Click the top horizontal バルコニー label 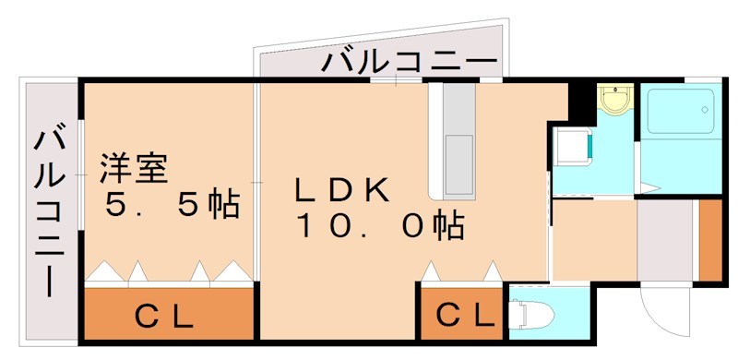pyautogui.click(x=410, y=65)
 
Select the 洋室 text pyautogui.click(x=133, y=171)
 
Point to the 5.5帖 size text pyautogui.click(x=172, y=205)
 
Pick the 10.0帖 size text pyautogui.click(x=379, y=224)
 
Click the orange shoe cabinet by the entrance pyautogui.click(x=709, y=237)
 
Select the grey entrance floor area pyautogui.click(x=665, y=241)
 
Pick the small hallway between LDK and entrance pyautogui.click(x=593, y=238)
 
